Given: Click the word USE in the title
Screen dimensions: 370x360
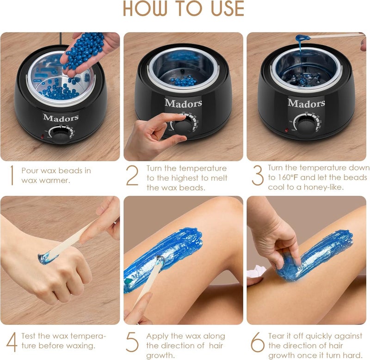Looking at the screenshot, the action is click(227, 9).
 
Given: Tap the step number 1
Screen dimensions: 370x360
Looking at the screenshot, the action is click(12, 175).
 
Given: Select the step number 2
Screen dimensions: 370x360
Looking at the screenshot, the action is click(132, 175).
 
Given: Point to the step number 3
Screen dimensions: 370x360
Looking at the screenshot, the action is click(258, 175).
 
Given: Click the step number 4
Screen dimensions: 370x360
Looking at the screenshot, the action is click(12, 342).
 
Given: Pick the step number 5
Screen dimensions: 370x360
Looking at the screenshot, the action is click(132, 342).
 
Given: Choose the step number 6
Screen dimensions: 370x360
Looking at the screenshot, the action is click(258, 342).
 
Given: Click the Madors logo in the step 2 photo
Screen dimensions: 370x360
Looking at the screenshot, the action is click(183, 103).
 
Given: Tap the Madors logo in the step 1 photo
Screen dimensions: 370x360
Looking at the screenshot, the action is click(61, 117).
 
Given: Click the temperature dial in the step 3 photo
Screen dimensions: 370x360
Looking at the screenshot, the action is click(306, 124).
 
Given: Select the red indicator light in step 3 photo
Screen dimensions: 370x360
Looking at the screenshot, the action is click(286, 130).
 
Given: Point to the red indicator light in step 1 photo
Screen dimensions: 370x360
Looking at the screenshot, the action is click(43, 136).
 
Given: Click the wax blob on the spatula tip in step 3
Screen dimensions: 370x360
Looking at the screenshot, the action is click(303, 37).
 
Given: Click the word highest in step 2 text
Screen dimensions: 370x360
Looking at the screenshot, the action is click(185, 178).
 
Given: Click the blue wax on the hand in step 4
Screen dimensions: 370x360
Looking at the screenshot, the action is click(45, 258).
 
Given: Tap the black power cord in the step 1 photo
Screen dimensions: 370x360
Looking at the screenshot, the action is click(61, 38).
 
